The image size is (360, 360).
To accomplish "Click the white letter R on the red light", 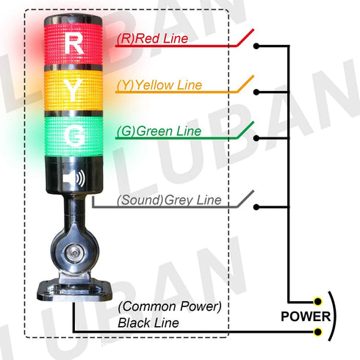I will click(74, 43).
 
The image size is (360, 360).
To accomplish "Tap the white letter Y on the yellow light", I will click(74, 90).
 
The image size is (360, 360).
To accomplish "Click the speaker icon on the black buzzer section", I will click(74, 179).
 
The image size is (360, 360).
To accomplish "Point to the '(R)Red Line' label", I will click(152, 37).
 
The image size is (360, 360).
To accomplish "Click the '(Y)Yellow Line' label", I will click(159, 85).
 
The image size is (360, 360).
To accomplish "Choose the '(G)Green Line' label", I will click(156, 132).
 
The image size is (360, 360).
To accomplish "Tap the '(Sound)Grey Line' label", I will click(168, 199).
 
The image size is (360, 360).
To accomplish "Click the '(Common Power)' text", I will click(170, 306).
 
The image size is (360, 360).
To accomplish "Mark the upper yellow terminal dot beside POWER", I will click(317, 301).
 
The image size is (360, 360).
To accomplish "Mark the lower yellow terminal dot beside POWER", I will click(317, 333).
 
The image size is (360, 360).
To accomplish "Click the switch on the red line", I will click(247, 38).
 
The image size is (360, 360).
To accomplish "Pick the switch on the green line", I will click(247, 132).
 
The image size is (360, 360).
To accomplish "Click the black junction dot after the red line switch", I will click(256, 46).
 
